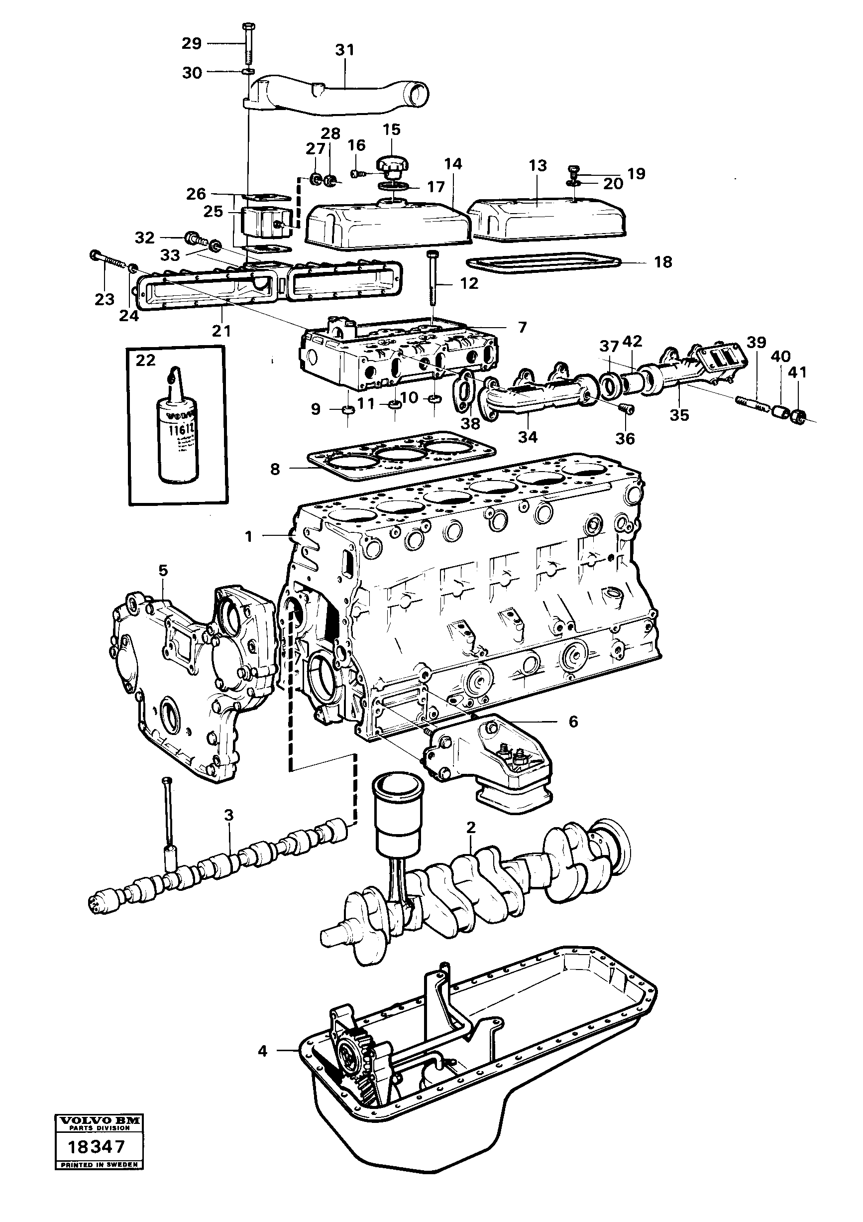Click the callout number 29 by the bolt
[192, 44]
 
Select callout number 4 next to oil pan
[262, 1051]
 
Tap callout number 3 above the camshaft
[228, 814]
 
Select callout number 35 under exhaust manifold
[679, 415]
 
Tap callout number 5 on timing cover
[163, 571]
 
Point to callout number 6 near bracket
[572, 722]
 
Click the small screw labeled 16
[357, 173]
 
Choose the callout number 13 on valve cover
[538, 165]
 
